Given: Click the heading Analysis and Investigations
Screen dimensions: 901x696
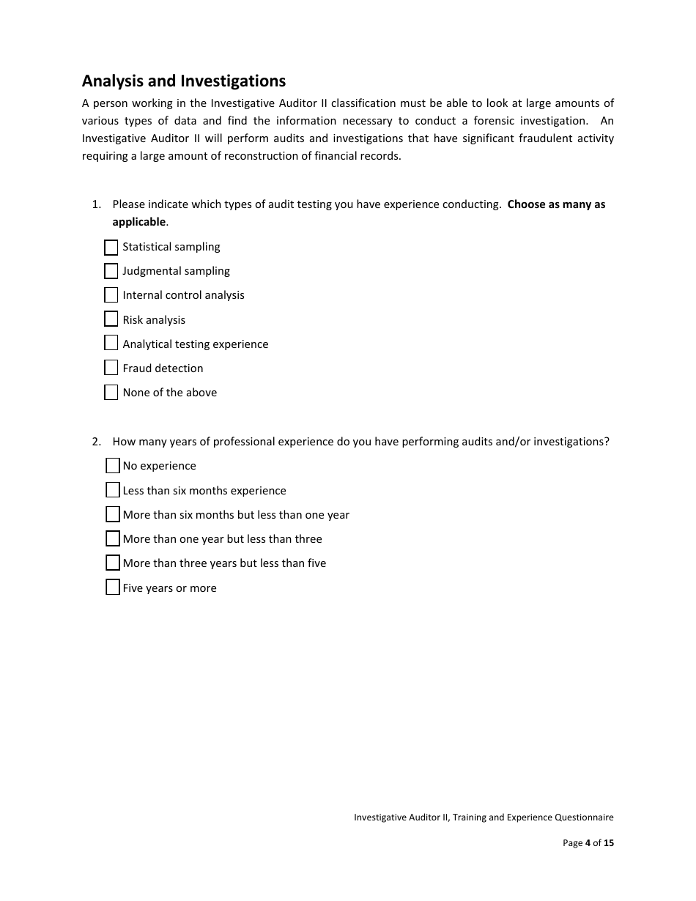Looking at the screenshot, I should (x=184, y=81).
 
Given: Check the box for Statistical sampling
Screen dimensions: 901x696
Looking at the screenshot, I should (x=111, y=248).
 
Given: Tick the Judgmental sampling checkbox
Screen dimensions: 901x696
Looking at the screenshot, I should (x=111, y=271).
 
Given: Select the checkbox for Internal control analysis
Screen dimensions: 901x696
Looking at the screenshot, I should (x=111, y=295).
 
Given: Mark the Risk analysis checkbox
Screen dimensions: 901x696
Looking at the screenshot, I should (x=111, y=319).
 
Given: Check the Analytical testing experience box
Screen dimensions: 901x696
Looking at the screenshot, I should (x=111, y=344).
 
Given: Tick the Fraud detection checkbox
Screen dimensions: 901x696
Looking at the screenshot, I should (x=111, y=368).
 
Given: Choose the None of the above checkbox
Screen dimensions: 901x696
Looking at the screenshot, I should (x=111, y=393).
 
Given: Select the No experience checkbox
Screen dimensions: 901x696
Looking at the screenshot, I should (x=113, y=466).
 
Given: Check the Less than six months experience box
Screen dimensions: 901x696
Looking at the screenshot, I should (x=113, y=490).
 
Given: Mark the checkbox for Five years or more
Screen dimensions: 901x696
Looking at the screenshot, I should (x=113, y=587).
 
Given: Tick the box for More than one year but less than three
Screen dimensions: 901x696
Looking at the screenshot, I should (x=113, y=539).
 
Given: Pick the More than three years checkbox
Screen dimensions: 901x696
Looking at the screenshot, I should (x=113, y=563).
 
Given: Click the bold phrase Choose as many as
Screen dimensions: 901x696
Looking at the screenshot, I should (x=556, y=204).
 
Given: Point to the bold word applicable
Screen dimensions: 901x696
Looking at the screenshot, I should (x=139, y=222).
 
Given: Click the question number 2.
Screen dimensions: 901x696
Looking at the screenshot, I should (x=95, y=442).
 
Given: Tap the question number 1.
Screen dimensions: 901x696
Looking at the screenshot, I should (x=95, y=204).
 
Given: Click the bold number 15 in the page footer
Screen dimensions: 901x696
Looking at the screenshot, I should (x=609, y=843).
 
